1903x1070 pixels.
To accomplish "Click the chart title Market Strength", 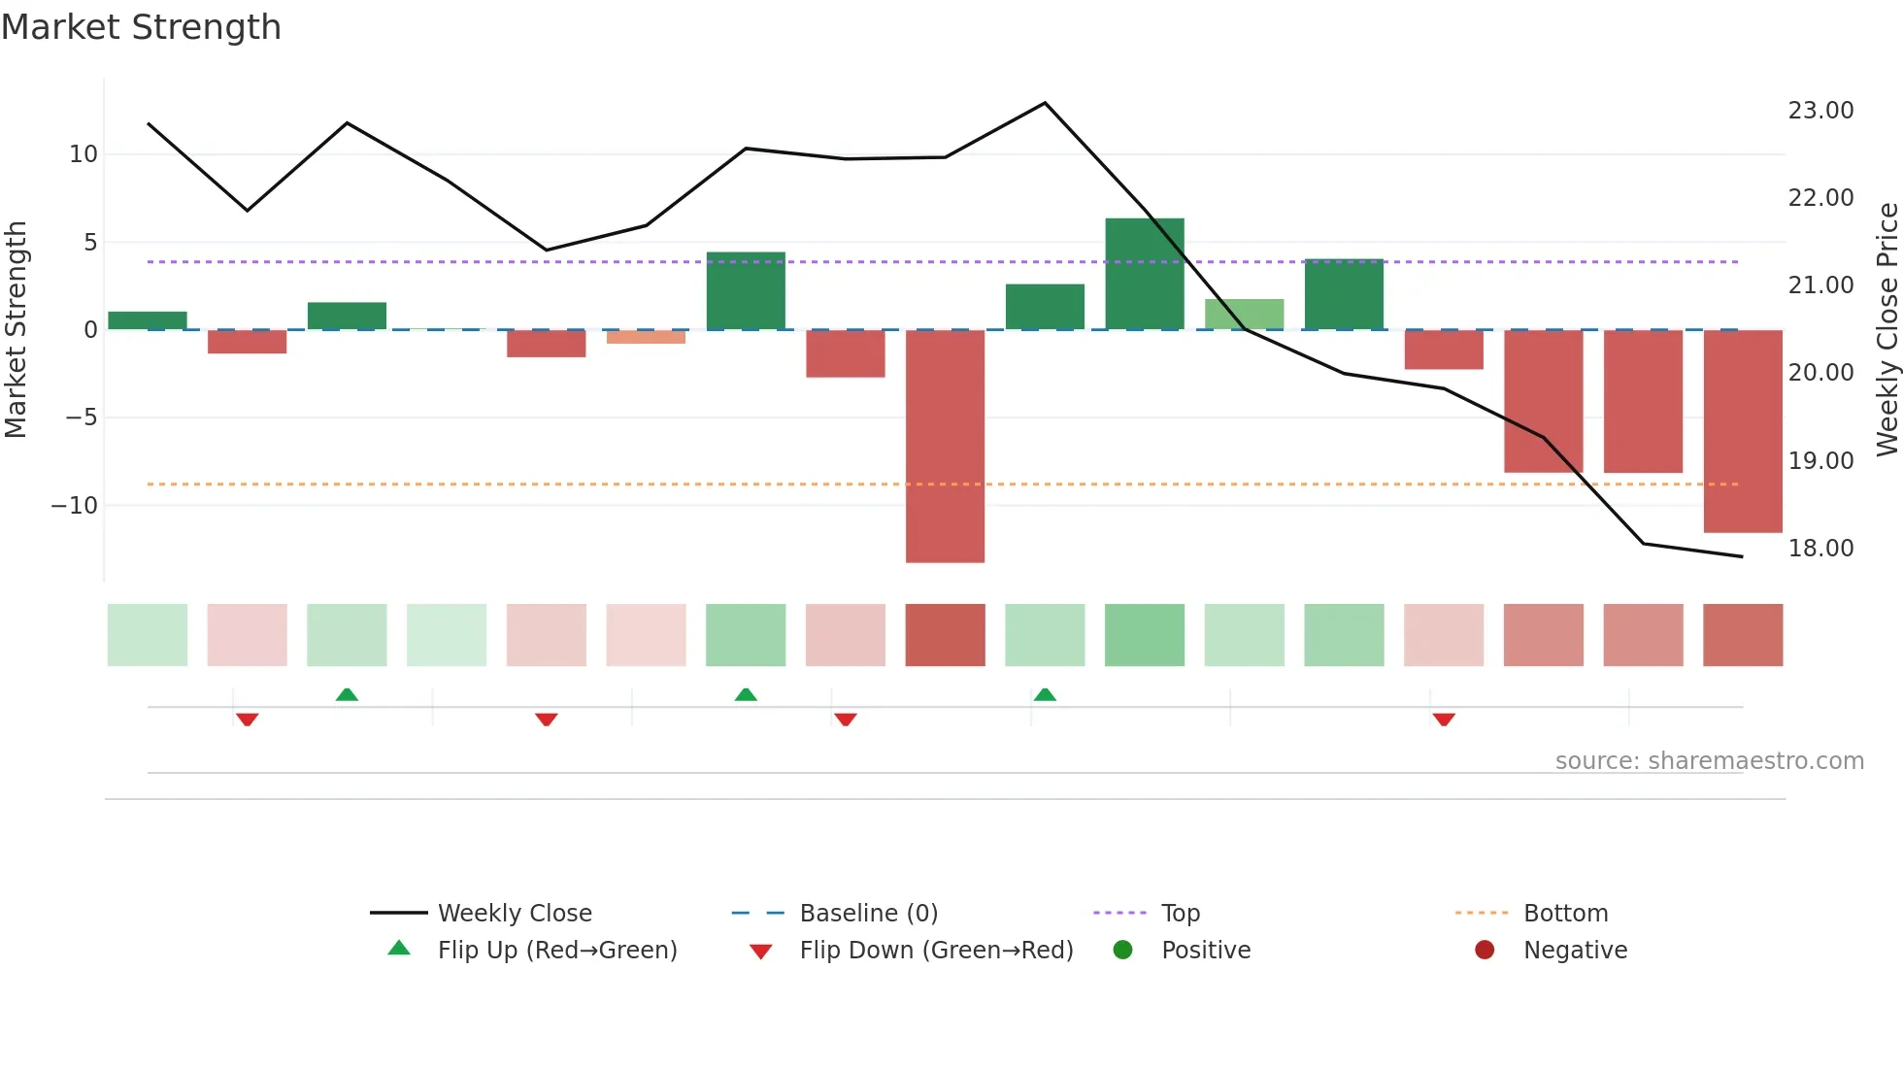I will pyautogui.click(x=141, y=27).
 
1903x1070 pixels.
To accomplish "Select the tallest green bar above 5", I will pyautogui.click(x=1145, y=274).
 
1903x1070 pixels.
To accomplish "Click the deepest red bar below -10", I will pyautogui.click(x=945, y=447).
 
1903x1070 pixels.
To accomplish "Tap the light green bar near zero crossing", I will pyautogui.click(x=1244, y=315).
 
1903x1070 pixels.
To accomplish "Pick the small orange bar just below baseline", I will pyautogui.click(x=646, y=337).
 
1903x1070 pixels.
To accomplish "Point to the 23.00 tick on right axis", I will pyautogui.click(x=1820, y=111).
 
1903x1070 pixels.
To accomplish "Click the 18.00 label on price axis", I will pyautogui.click(x=1820, y=549).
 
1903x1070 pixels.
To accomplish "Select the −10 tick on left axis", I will pyautogui.click(x=75, y=506).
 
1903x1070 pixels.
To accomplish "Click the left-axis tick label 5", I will pyautogui.click(x=90, y=242).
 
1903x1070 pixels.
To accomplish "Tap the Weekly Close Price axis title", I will pyautogui.click(x=1886, y=329).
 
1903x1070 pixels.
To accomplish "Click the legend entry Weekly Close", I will pyautogui.click(x=514, y=914).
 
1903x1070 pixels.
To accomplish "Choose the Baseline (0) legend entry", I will pyautogui.click(x=868, y=914).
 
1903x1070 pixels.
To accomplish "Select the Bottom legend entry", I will pyautogui.click(x=1565, y=914).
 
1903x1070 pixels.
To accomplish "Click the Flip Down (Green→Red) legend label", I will pyautogui.click(x=936, y=951).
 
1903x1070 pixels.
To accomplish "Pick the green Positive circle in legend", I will pyautogui.click(x=1123, y=951).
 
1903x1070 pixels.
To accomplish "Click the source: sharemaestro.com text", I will pyautogui.click(x=1709, y=761).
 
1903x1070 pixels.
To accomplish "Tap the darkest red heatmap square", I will pyautogui.click(x=945, y=635).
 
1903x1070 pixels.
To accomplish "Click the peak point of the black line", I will pyautogui.click(x=1045, y=103).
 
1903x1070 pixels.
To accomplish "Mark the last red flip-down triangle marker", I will pyautogui.click(x=1444, y=719).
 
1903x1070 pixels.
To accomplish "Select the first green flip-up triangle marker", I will pyautogui.click(x=347, y=694).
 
